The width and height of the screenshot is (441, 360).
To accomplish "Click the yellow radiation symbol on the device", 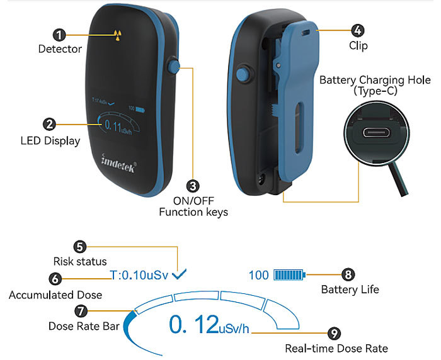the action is (x=118, y=35).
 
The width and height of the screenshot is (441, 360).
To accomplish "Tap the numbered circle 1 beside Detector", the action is (x=59, y=35).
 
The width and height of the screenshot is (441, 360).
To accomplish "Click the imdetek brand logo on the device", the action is (x=118, y=163).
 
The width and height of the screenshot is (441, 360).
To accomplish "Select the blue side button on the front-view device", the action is (x=173, y=66).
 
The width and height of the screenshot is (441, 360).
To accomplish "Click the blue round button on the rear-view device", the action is (x=243, y=74).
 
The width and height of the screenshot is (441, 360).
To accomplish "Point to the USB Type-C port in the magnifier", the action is (x=376, y=132).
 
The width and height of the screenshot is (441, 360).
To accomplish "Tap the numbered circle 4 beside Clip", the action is (x=357, y=30).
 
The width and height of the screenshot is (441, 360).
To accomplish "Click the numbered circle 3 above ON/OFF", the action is (x=193, y=186).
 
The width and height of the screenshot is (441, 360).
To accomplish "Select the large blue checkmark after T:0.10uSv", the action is (x=179, y=274).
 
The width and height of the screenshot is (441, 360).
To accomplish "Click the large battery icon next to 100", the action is (x=290, y=275).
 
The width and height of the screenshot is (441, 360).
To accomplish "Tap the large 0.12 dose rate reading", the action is (x=194, y=324).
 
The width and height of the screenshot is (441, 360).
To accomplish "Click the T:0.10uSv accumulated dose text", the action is (x=139, y=275).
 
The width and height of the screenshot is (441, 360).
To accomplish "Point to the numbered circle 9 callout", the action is (x=334, y=334).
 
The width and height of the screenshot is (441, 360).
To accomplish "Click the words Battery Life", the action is (x=350, y=290).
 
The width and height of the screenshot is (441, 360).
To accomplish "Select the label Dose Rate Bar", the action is (x=84, y=326).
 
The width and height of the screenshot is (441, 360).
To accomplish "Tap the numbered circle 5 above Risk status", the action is (x=80, y=247).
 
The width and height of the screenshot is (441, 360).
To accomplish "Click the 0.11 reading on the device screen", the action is (x=113, y=125).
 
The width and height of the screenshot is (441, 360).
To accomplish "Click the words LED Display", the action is (x=50, y=141).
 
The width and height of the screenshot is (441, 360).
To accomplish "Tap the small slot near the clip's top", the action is (x=306, y=33).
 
